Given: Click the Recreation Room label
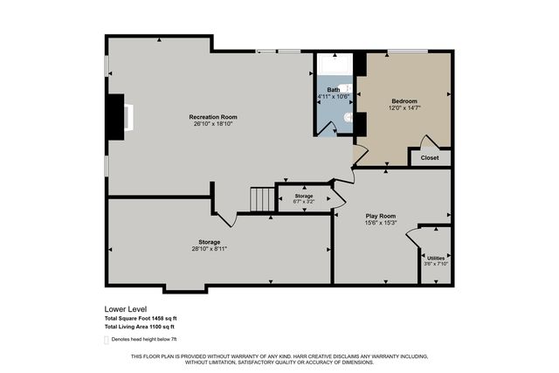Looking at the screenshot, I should click(x=213, y=116).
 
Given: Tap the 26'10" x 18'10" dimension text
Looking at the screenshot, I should click(x=213, y=124).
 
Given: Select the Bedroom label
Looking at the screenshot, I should click(x=404, y=100).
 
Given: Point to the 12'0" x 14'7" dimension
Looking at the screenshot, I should click(x=404, y=108).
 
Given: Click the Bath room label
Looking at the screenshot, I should click(x=334, y=89).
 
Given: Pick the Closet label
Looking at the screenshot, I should click(x=430, y=158).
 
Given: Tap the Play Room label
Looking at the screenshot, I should click(x=380, y=215).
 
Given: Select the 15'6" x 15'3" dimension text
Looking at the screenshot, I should click(x=380, y=223).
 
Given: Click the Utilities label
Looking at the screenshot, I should click(x=434, y=258).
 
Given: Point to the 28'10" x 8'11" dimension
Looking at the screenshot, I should click(x=208, y=249).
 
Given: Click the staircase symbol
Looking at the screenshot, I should click(x=261, y=199).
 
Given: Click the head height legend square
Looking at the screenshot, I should click(x=107, y=339).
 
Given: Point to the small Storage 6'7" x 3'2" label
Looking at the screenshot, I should click(x=303, y=199).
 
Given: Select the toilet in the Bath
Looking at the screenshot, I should click(x=347, y=115).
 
